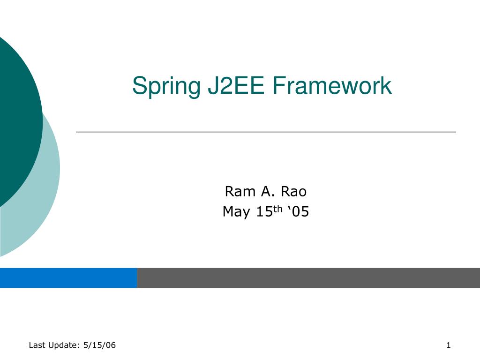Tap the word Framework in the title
[332, 86]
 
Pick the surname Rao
[294, 192]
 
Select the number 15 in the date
[264, 212]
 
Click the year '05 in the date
[297, 212]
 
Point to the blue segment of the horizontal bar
[68, 277]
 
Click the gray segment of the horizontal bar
[308, 277]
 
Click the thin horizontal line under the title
[266, 132]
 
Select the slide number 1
[448, 345]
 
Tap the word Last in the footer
[36, 345]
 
